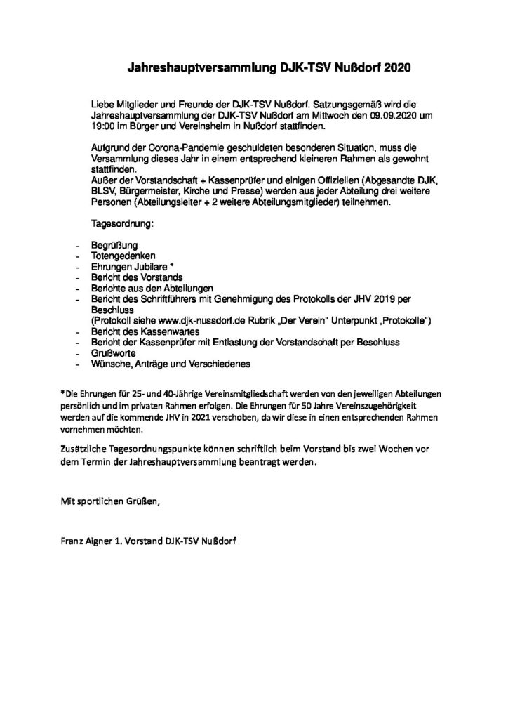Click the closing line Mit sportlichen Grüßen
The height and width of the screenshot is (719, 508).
(x=111, y=499)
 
